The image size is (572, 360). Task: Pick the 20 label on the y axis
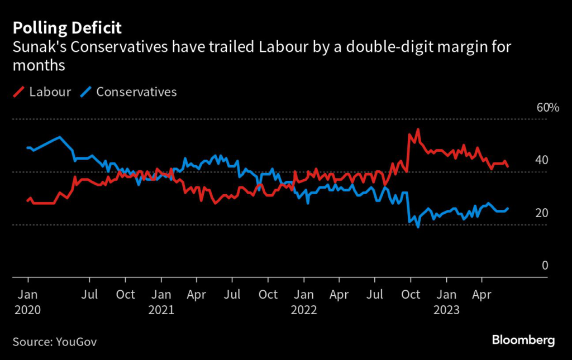542,213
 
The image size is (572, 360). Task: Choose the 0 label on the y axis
545,266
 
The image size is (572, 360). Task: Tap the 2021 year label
161,310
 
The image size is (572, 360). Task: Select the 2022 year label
304,310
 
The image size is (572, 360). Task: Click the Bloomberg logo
523,340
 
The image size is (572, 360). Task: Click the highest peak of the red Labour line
417,129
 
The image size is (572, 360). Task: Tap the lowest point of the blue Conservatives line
417,227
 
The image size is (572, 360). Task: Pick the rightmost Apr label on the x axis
482,294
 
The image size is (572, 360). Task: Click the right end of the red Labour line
508,166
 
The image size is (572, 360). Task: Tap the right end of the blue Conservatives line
508,208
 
